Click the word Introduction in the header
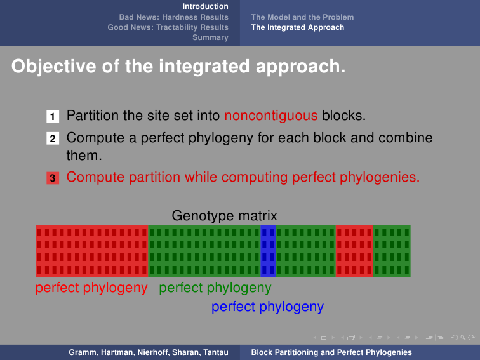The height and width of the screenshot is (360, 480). click(206, 6)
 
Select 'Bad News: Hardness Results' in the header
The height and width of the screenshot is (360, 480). click(173, 17)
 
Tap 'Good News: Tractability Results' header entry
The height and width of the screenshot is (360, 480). click(168, 27)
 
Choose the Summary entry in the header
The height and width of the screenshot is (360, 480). click(210, 37)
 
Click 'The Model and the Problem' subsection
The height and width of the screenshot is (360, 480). click(302, 17)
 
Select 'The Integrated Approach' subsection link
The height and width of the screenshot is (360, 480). click(298, 27)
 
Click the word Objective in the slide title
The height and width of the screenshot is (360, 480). click(53, 67)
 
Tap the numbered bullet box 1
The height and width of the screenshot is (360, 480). click(53, 116)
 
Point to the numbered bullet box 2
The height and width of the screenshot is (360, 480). click(53, 138)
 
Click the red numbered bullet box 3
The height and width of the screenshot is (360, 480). click(53, 178)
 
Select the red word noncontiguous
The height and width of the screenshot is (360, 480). click(271, 116)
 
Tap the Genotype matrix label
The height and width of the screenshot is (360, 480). click(224, 216)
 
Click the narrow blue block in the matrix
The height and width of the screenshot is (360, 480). click(268, 251)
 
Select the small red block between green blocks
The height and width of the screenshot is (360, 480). click(354, 251)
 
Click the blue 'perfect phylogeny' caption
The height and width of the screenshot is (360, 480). click(267, 307)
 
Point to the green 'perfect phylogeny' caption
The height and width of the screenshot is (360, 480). click(215, 288)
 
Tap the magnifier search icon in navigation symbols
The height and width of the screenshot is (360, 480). click(463, 337)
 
